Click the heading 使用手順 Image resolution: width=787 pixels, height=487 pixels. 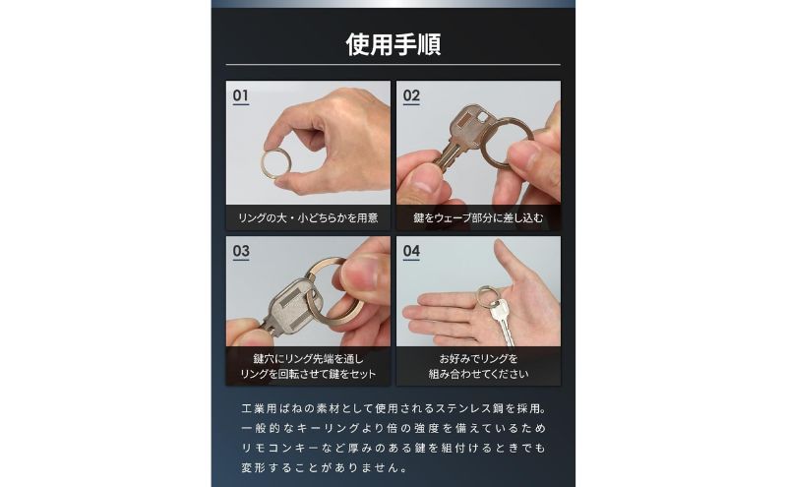point(393,44)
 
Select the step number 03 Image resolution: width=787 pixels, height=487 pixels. point(241,251)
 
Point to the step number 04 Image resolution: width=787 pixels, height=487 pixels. point(411,251)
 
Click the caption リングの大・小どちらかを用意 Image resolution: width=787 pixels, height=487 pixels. point(308,216)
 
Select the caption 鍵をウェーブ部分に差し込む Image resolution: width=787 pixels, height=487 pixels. point(478,216)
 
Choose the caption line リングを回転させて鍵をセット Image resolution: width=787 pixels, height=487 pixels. point(308,374)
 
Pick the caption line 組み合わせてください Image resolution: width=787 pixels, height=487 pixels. point(478,374)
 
